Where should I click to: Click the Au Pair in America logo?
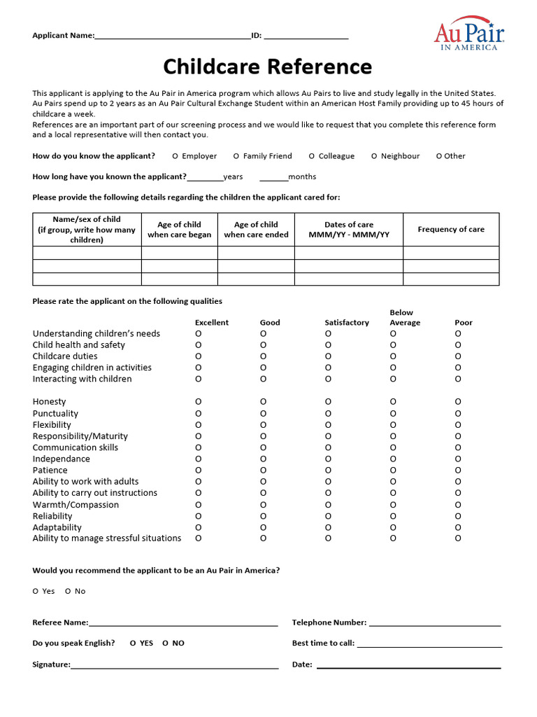coord(469,33)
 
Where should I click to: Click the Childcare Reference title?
coord(268,67)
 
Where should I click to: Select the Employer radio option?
coord(175,156)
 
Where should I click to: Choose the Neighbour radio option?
coord(374,156)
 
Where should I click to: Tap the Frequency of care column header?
coord(451,229)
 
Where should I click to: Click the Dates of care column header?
coord(349,230)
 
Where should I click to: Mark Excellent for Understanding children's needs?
coord(198,334)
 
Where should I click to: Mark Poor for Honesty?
coord(458,402)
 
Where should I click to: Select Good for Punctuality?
coord(263,414)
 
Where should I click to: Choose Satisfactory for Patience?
coord(328,471)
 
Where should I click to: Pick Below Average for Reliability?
coord(393,516)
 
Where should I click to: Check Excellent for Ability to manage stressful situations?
coord(198,538)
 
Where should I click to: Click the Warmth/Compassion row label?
coord(76,505)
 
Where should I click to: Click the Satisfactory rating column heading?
coord(346,323)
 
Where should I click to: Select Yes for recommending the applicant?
coord(36,591)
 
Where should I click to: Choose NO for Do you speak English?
coord(165,643)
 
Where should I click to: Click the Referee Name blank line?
coord(183,622)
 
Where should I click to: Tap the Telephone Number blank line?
coord(434,622)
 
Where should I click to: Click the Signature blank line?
coord(175,664)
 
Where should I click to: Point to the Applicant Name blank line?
coord(172,36)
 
